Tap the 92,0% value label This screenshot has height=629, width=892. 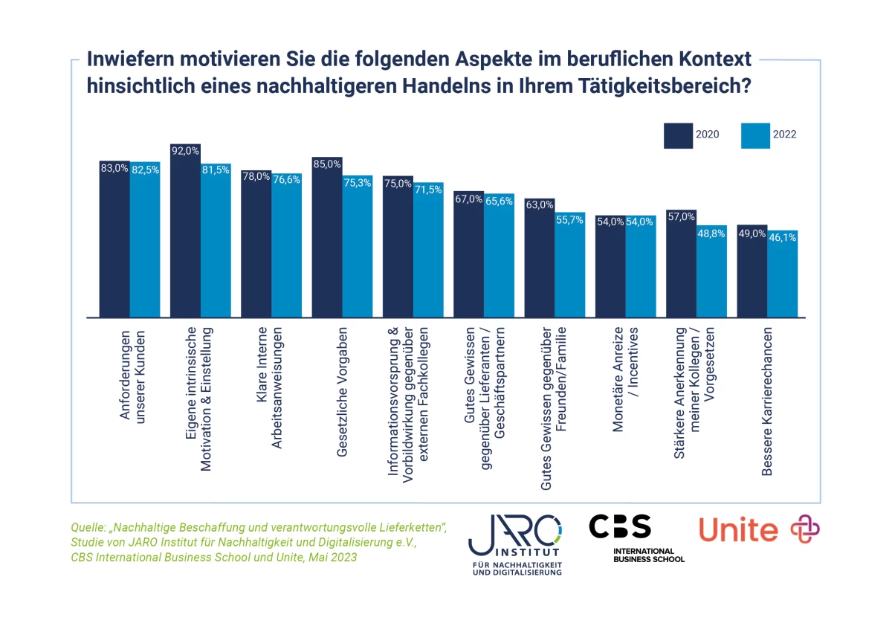click(185, 150)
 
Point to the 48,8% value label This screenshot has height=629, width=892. click(711, 233)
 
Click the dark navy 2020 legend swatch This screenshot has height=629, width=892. click(678, 135)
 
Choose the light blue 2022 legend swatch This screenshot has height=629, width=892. click(755, 135)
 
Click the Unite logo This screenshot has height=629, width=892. click(758, 529)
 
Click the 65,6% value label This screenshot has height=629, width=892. click(499, 201)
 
